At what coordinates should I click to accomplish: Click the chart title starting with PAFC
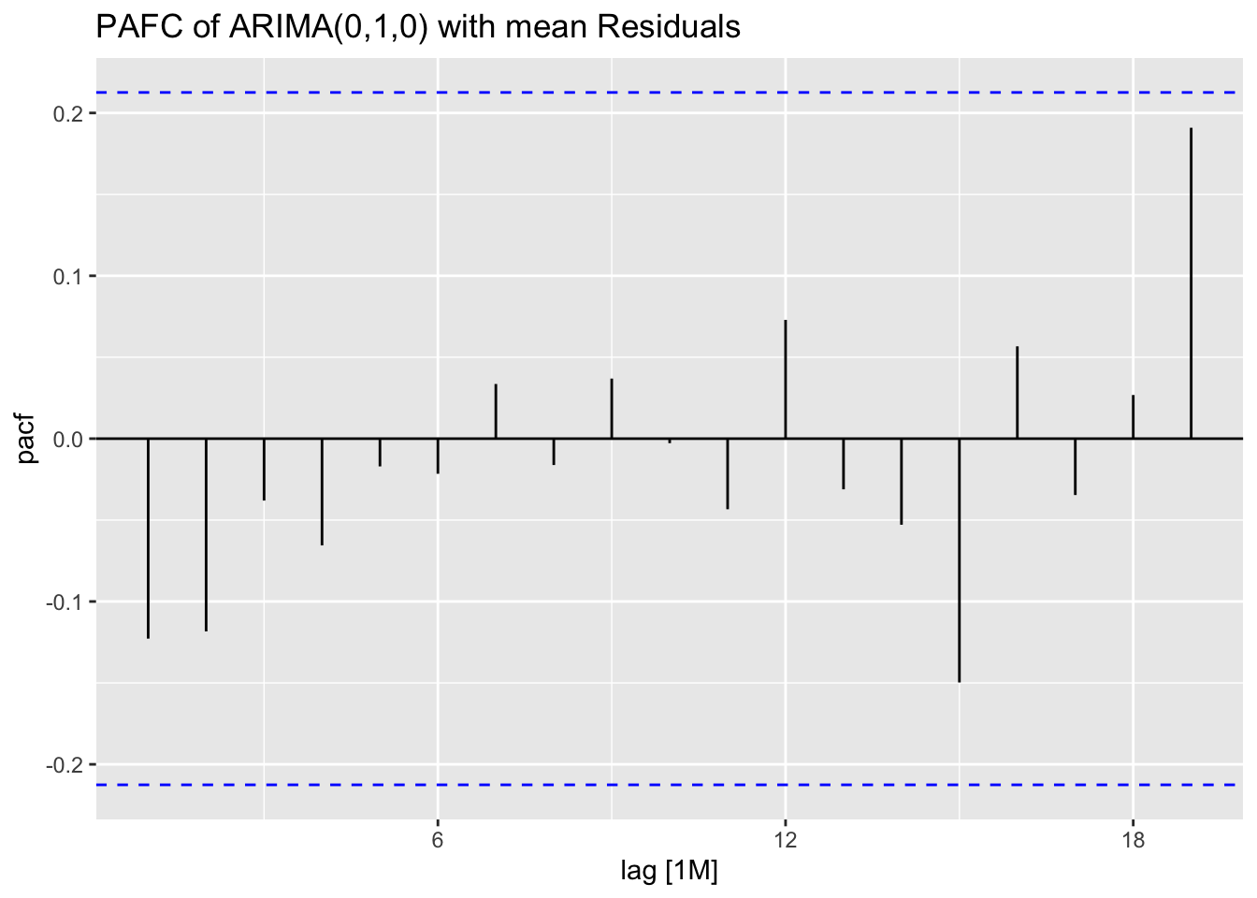point(417,27)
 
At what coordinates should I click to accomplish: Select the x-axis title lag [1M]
point(669,872)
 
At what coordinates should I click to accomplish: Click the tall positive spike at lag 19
point(1191,281)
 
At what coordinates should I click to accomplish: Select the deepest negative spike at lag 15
point(959,561)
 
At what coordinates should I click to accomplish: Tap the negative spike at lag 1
point(148,538)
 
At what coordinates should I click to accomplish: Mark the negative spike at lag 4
point(322,491)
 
